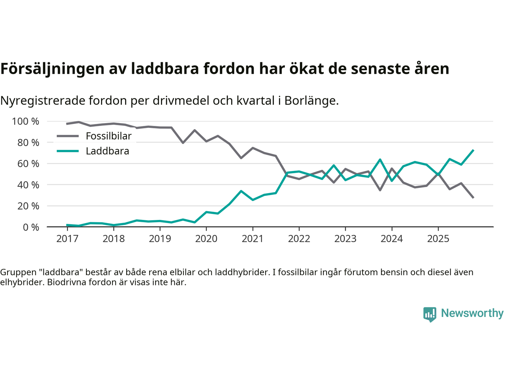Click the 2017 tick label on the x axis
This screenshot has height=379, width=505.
click(67, 239)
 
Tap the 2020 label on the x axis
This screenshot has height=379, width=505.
click(206, 239)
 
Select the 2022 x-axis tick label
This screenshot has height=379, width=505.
click(299, 239)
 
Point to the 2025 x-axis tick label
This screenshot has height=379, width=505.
click(438, 239)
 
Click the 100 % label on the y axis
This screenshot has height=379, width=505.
click(26, 122)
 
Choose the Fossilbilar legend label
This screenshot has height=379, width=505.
click(108, 136)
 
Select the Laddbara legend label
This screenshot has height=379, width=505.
click(107, 151)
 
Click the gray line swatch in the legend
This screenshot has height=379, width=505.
click(68, 136)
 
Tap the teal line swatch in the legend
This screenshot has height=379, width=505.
click(68, 151)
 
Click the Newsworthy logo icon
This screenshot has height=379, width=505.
click(430, 314)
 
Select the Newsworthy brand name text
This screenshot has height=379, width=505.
click(472, 313)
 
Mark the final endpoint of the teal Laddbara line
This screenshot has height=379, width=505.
click(473, 150)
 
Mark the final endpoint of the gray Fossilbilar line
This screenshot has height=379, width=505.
click(473, 197)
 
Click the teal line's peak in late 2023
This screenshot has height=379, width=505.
click(380, 159)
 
